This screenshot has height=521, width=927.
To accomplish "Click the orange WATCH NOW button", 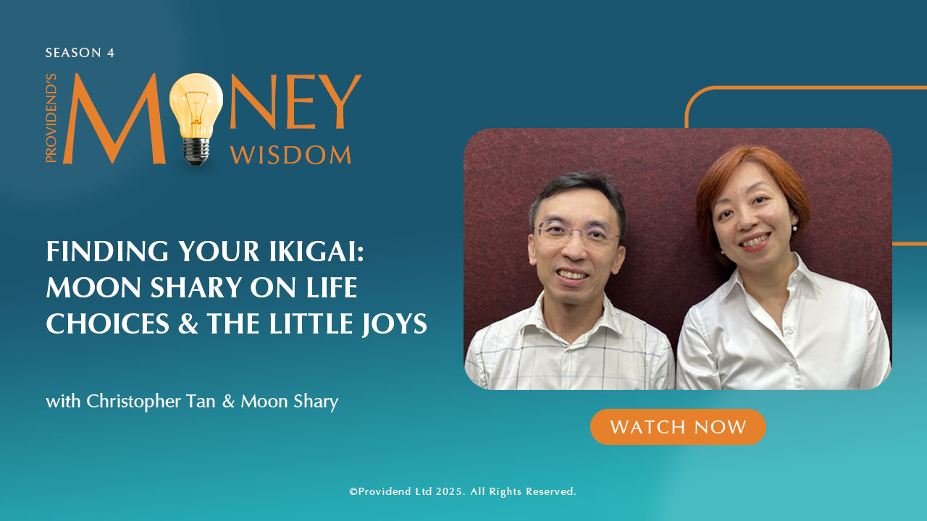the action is (678, 427).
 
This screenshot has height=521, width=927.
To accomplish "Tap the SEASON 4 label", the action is (80, 53).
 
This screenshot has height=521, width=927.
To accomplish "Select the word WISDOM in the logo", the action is (290, 155).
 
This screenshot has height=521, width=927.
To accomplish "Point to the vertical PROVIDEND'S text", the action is (51, 118).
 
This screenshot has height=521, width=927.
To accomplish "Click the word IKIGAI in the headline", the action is (316, 251).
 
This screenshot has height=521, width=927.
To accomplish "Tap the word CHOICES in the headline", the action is (108, 323).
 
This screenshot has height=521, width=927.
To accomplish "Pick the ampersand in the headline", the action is (188, 323).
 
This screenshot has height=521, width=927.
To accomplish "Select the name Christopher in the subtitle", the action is (134, 402).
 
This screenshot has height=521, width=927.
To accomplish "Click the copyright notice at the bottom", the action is (463, 491).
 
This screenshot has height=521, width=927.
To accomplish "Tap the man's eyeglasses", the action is (578, 232).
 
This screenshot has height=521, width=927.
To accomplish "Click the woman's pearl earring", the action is (794, 227).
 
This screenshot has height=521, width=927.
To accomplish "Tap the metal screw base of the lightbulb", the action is (196, 151).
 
